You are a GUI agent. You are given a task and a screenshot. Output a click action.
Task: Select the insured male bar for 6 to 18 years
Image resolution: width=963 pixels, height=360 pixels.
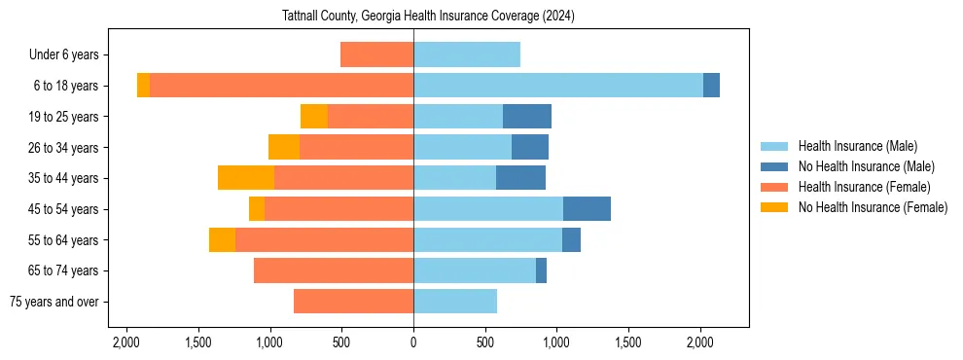(557, 86)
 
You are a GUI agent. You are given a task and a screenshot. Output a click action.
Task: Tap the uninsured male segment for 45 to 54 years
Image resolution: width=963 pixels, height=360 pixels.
(587, 208)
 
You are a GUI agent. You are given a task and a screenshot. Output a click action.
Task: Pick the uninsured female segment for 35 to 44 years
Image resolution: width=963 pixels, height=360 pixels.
(246, 178)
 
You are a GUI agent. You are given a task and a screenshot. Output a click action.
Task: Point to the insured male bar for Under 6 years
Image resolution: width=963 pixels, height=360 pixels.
(467, 54)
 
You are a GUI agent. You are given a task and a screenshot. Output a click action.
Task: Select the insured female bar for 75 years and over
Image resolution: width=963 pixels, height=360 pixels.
(353, 302)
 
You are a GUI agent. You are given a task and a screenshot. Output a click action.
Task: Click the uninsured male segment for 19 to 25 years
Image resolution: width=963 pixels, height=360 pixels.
(527, 117)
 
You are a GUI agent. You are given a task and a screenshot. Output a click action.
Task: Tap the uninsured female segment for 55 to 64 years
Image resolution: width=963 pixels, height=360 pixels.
(222, 239)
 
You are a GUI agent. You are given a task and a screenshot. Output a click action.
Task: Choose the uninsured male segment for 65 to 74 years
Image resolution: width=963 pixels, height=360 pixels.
(541, 270)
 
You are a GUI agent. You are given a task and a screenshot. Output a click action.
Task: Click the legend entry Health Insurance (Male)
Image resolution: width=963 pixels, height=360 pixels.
(857, 146)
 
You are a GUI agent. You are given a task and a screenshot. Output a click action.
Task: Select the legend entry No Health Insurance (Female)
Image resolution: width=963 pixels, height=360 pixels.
(873, 207)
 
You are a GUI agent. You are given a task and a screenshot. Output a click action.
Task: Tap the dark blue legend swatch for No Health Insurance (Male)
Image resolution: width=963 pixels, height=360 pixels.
(774, 166)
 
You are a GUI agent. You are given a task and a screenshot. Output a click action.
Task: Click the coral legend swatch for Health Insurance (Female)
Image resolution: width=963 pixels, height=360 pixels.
(774, 187)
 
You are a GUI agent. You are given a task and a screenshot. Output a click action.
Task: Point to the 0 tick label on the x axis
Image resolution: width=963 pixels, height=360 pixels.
(413, 342)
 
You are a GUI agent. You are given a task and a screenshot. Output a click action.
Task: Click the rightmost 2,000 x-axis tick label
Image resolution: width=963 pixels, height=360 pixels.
(700, 342)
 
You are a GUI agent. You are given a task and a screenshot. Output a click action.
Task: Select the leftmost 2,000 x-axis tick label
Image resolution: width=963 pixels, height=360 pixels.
(126, 342)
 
